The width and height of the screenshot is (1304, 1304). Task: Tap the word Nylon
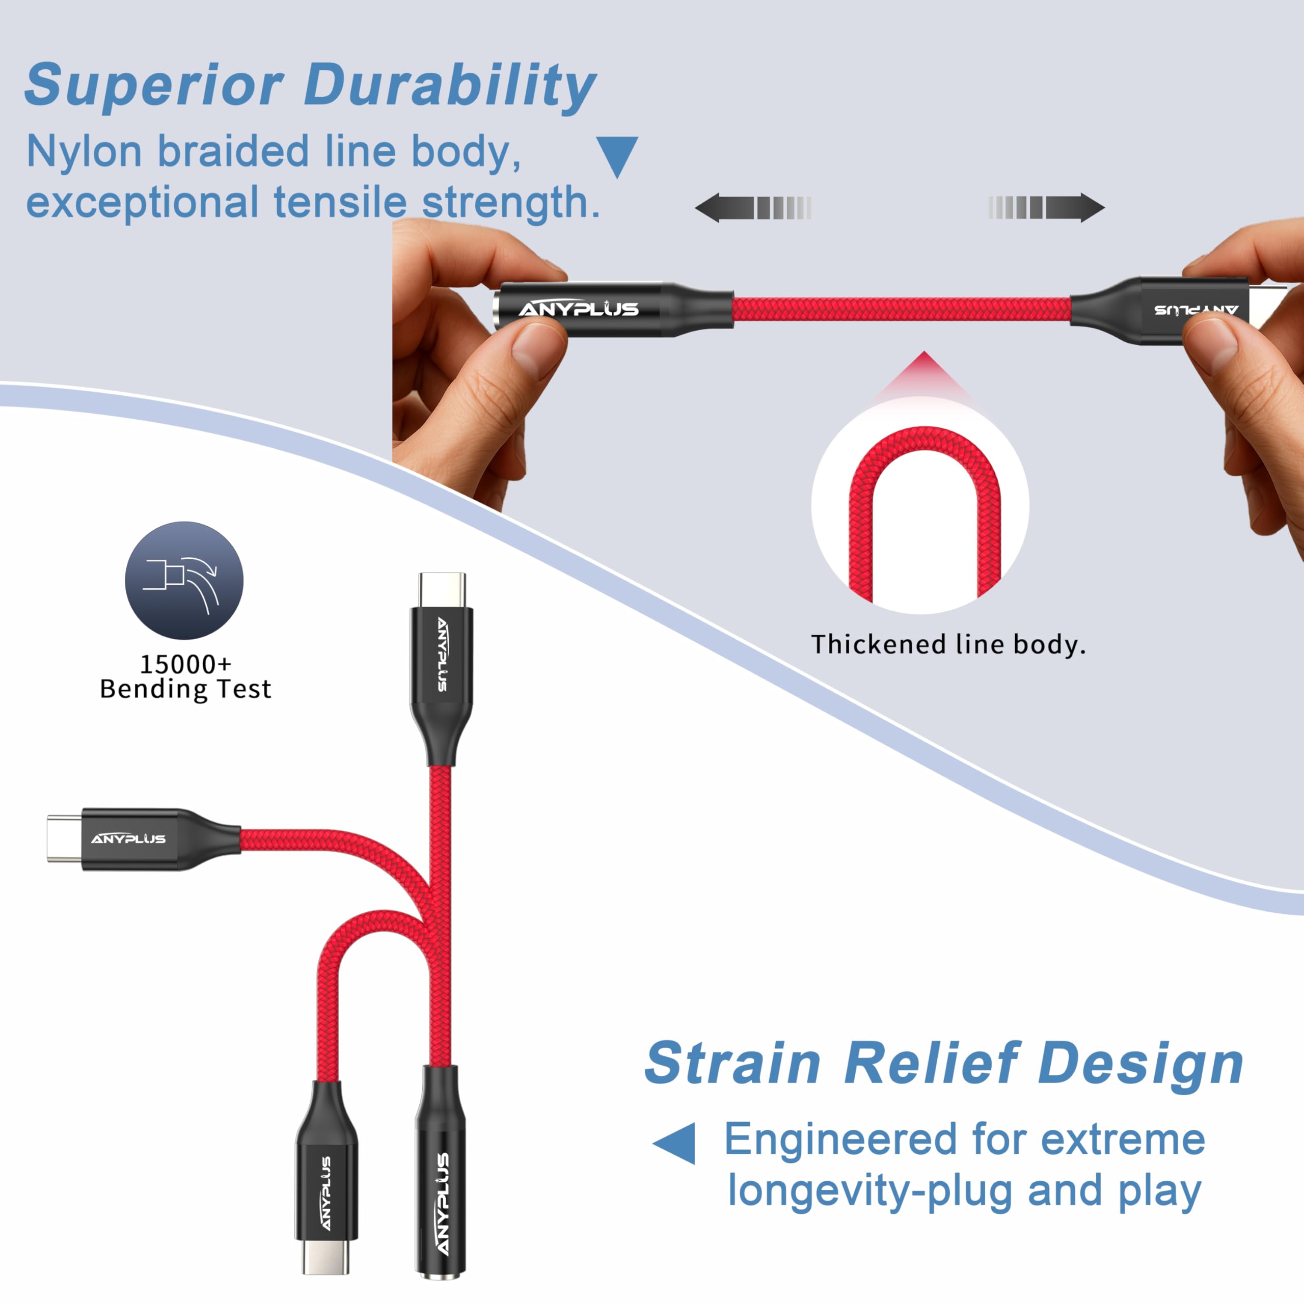tap(84, 151)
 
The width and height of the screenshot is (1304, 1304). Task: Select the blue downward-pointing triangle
tap(617, 155)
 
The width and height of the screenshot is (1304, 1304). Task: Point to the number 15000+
tap(185, 664)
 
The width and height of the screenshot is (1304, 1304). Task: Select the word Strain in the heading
tap(732, 1064)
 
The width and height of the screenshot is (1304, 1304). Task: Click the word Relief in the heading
tap(932, 1064)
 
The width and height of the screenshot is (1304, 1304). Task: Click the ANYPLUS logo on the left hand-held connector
tap(579, 309)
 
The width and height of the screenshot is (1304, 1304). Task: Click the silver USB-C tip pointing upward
tap(442, 590)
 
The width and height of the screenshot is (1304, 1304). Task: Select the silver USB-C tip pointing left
tap(64, 838)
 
